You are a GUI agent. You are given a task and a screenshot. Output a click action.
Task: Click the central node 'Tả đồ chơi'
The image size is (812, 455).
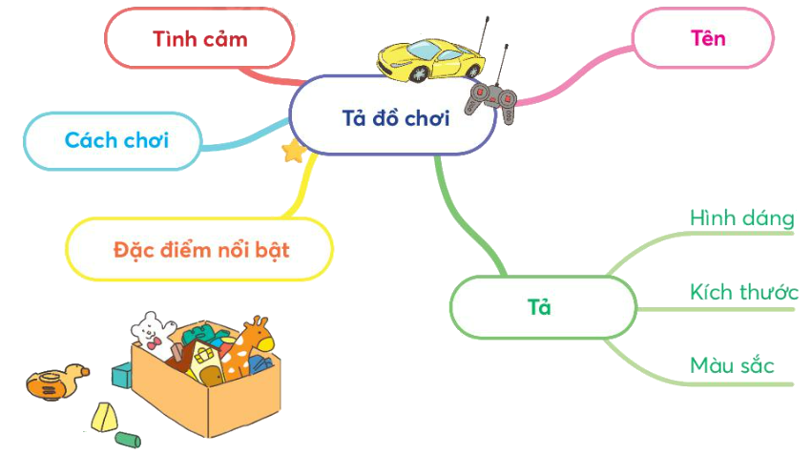(x=395, y=119)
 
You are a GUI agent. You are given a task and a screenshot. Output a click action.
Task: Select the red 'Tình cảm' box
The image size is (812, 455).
(x=199, y=39)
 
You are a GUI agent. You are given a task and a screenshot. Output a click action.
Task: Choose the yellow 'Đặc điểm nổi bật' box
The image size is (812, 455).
(x=200, y=251)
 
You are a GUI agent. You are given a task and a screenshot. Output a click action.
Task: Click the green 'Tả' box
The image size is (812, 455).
(x=540, y=307)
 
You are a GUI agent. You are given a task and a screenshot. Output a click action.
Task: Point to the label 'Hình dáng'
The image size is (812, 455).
(x=741, y=218)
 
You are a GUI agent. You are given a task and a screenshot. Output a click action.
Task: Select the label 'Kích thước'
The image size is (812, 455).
(x=743, y=292)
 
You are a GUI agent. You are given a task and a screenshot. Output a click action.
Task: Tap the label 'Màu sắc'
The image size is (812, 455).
(x=731, y=365)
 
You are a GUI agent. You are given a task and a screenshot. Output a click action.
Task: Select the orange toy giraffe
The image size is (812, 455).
(x=250, y=348)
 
